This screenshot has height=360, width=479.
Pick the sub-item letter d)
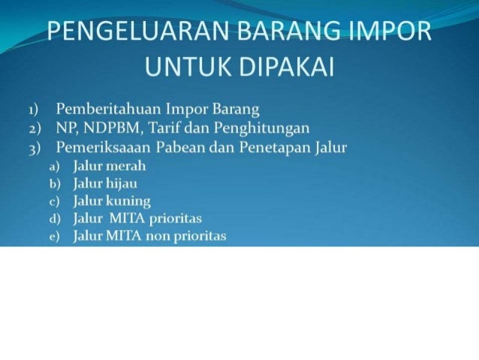55,219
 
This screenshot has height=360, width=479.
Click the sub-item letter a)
55,166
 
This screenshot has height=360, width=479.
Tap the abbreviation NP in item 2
65,129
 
